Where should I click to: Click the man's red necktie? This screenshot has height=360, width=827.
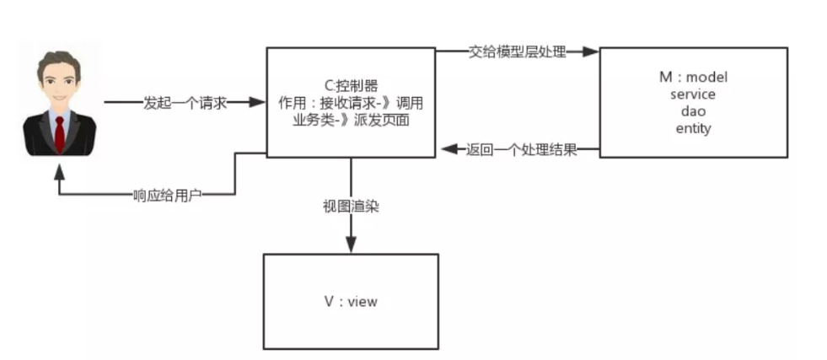[x=60, y=134]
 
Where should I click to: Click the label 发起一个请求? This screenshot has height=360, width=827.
[x=185, y=103]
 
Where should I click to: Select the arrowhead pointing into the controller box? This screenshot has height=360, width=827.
[x=257, y=102]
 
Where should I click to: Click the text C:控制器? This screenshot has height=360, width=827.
[x=352, y=86]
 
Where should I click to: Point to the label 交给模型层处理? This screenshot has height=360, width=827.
[x=518, y=51]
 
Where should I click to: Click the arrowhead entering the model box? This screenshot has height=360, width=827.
[x=591, y=51]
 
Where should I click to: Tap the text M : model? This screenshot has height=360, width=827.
[x=693, y=77]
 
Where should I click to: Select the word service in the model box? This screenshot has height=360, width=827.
[x=693, y=94]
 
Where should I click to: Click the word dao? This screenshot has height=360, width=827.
[x=693, y=111]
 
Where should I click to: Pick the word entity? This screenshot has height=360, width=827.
[x=693, y=129]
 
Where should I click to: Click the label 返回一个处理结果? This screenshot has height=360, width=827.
[x=522, y=150]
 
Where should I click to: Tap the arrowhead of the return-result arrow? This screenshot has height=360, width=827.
[x=449, y=149]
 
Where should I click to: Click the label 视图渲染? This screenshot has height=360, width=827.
[x=351, y=207]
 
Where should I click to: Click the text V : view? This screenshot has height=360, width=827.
[x=351, y=302]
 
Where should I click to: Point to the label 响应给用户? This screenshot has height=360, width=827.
[x=167, y=196]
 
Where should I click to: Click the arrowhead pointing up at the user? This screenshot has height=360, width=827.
[x=60, y=171]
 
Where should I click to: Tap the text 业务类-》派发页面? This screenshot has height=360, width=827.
[x=352, y=121]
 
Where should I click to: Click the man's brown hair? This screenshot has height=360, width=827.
[x=59, y=61]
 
